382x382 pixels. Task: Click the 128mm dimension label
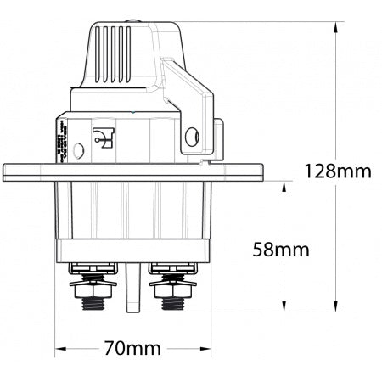[338, 172]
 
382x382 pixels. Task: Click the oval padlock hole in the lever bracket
[193, 135]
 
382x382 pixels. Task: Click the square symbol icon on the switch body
[104, 136]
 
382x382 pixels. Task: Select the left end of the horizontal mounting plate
[8, 171]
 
